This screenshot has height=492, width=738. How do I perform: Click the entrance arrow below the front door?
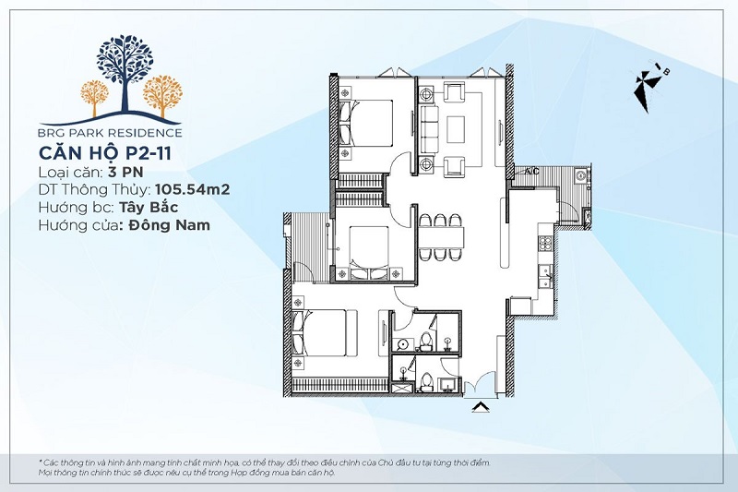pyautogui.click(x=480, y=407)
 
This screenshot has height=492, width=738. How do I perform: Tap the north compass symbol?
pyautogui.click(x=649, y=87)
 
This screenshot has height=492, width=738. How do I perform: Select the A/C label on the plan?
pyautogui.click(x=532, y=172)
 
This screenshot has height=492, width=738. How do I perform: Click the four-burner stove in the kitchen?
pyautogui.click(x=545, y=243)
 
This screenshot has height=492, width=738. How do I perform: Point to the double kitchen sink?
pyautogui.click(x=546, y=276)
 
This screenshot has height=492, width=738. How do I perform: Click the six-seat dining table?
pyautogui.click(x=441, y=237)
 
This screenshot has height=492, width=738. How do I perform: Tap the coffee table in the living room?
pyautogui.click(x=455, y=129)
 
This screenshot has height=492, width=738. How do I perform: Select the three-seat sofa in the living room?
pyautogui.click(x=429, y=129)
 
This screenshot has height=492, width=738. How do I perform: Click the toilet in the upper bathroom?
pyautogui.click(x=426, y=342)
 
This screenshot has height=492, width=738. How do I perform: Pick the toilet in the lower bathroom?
pyautogui.click(x=425, y=382)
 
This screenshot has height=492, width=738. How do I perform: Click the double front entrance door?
pyautogui.click(x=479, y=386)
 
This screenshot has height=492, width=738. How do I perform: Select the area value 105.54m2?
pyautogui.click(x=192, y=189)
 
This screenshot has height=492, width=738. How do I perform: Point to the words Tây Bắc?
pyautogui.click(x=149, y=207)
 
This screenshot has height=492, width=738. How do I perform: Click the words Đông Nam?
pyautogui.click(x=165, y=225)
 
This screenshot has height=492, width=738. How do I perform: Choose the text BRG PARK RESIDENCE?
pyautogui.click(x=110, y=133)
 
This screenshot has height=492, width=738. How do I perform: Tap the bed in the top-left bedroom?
pyautogui.click(x=366, y=123)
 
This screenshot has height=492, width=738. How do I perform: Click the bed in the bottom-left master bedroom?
pyautogui.click(x=319, y=333)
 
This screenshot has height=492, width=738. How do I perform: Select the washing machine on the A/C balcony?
pyautogui.click(x=581, y=176)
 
